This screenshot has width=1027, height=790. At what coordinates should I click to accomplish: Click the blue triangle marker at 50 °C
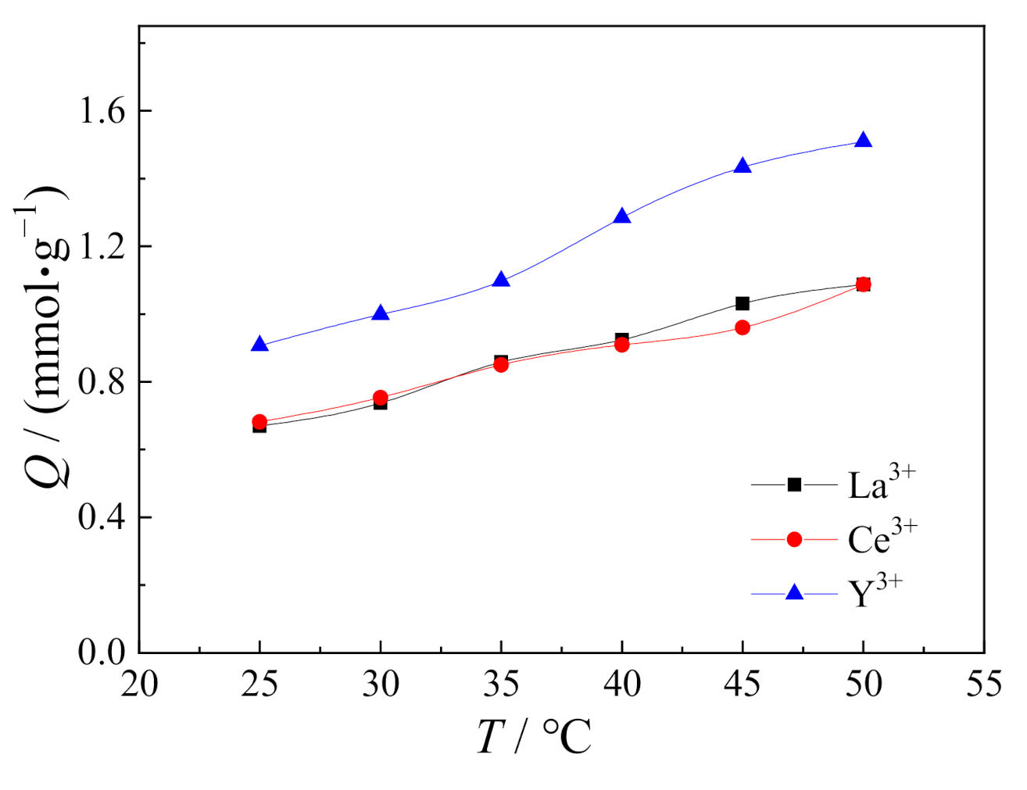(863, 141)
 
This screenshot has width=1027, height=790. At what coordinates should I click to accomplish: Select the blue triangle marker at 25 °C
(259, 345)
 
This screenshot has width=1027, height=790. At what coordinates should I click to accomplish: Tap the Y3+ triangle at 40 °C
(622, 216)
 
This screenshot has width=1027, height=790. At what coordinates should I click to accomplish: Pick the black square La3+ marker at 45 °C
(743, 303)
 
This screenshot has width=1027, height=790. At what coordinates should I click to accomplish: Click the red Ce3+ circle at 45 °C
(743, 327)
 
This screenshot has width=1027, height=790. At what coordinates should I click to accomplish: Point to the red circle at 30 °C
(381, 398)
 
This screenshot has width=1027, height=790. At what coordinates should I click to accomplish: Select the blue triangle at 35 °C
(501, 280)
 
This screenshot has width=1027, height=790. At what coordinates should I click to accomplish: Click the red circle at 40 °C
(622, 344)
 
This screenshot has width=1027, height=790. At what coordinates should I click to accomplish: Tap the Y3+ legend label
(875, 592)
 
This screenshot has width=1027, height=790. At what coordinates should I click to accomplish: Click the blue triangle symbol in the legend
(794, 592)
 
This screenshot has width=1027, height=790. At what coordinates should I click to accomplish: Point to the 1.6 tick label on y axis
(102, 111)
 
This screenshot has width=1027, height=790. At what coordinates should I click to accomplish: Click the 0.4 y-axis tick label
(102, 517)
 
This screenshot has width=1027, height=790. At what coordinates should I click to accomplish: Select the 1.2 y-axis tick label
(102, 247)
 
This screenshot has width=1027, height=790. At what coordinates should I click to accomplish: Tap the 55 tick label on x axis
(983, 685)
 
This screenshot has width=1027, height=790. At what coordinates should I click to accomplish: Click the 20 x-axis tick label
(140, 685)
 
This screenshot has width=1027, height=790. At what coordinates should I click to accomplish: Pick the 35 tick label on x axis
(501, 685)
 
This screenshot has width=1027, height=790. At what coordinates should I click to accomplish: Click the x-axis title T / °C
(535, 736)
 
